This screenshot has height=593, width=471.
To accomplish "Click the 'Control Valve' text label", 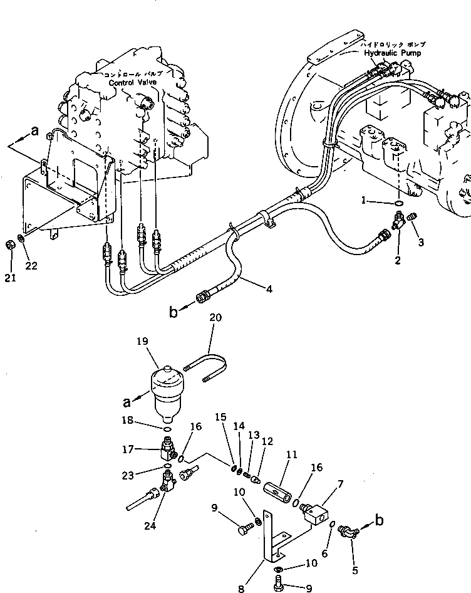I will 135,82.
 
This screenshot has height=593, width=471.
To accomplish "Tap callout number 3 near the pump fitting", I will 420,242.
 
